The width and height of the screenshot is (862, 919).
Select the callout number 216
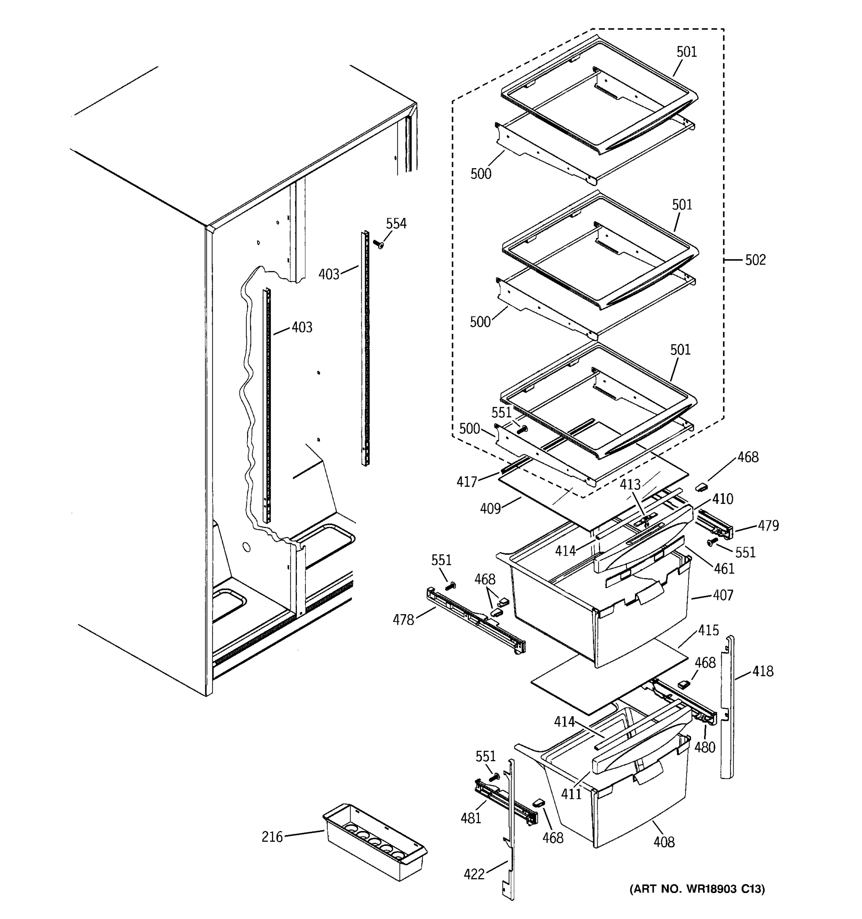[x=272, y=837]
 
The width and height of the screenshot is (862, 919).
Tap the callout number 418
[x=762, y=671]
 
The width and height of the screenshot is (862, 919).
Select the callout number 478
[x=403, y=620]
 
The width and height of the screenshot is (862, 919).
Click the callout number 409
[x=490, y=509]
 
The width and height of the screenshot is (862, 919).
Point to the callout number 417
[x=467, y=482]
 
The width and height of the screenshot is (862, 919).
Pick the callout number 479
[x=768, y=526]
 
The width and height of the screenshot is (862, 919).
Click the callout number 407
[x=723, y=595]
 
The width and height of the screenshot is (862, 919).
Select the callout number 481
[x=471, y=818]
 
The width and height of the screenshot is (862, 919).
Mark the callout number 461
[x=724, y=569]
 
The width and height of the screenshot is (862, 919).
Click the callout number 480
[x=705, y=747]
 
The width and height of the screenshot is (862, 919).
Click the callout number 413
[x=630, y=484]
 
